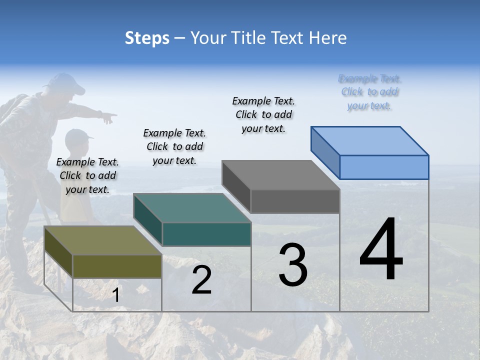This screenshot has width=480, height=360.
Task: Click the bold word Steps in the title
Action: coord(147,38)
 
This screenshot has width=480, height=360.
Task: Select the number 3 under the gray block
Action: coord(293,265)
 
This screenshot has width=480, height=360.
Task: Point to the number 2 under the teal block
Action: coord(201,280)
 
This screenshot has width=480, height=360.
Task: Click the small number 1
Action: coord(116,295)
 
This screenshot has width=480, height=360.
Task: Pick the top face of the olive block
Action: coord(102,240)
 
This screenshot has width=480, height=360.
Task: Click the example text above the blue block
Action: coord(369,92)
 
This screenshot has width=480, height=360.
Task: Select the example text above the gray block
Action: coord(263,114)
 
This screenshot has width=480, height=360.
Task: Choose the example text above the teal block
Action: coord(174,146)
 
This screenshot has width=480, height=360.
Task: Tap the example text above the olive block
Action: coord(87,175)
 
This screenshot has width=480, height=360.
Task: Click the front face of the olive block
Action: coord(117,266)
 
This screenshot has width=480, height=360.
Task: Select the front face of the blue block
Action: coord(384,167)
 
